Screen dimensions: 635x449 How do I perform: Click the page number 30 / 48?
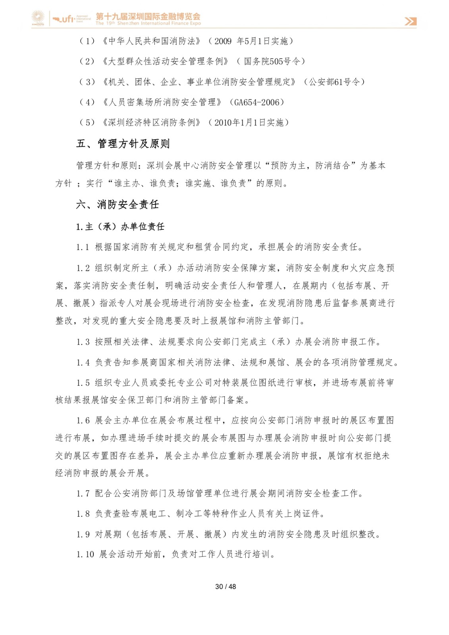pyautogui.click(x=225, y=586)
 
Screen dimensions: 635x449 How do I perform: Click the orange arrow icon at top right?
pyautogui.click(x=410, y=21)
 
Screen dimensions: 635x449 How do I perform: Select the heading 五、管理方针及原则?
pyautogui.click(x=123, y=144)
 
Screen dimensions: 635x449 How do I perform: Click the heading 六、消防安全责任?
pyautogui.click(x=118, y=204)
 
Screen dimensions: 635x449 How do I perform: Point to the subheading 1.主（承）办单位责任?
pyautogui.click(x=120, y=227)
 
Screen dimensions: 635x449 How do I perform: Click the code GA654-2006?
pyautogui.click(x=257, y=102)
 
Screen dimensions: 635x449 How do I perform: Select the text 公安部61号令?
pyautogui.click(x=334, y=82)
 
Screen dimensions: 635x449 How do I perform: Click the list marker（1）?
pyautogui.click(x=87, y=41)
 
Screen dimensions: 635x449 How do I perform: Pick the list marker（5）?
pyautogui.click(x=87, y=123)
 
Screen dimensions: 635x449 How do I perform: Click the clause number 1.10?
pyautogui.click(x=85, y=554)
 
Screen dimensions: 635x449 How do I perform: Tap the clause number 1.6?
pyautogui.click(x=83, y=420)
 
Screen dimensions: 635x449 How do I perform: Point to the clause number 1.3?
pyautogui.click(x=83, y=342)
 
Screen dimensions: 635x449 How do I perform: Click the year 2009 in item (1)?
pyautogui.click(x=223, y=41)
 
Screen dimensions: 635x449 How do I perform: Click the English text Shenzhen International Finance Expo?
pyautogui.click(x=159, y=23)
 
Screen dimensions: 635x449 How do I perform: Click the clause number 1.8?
pyautogui.click(x=83, y=514)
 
